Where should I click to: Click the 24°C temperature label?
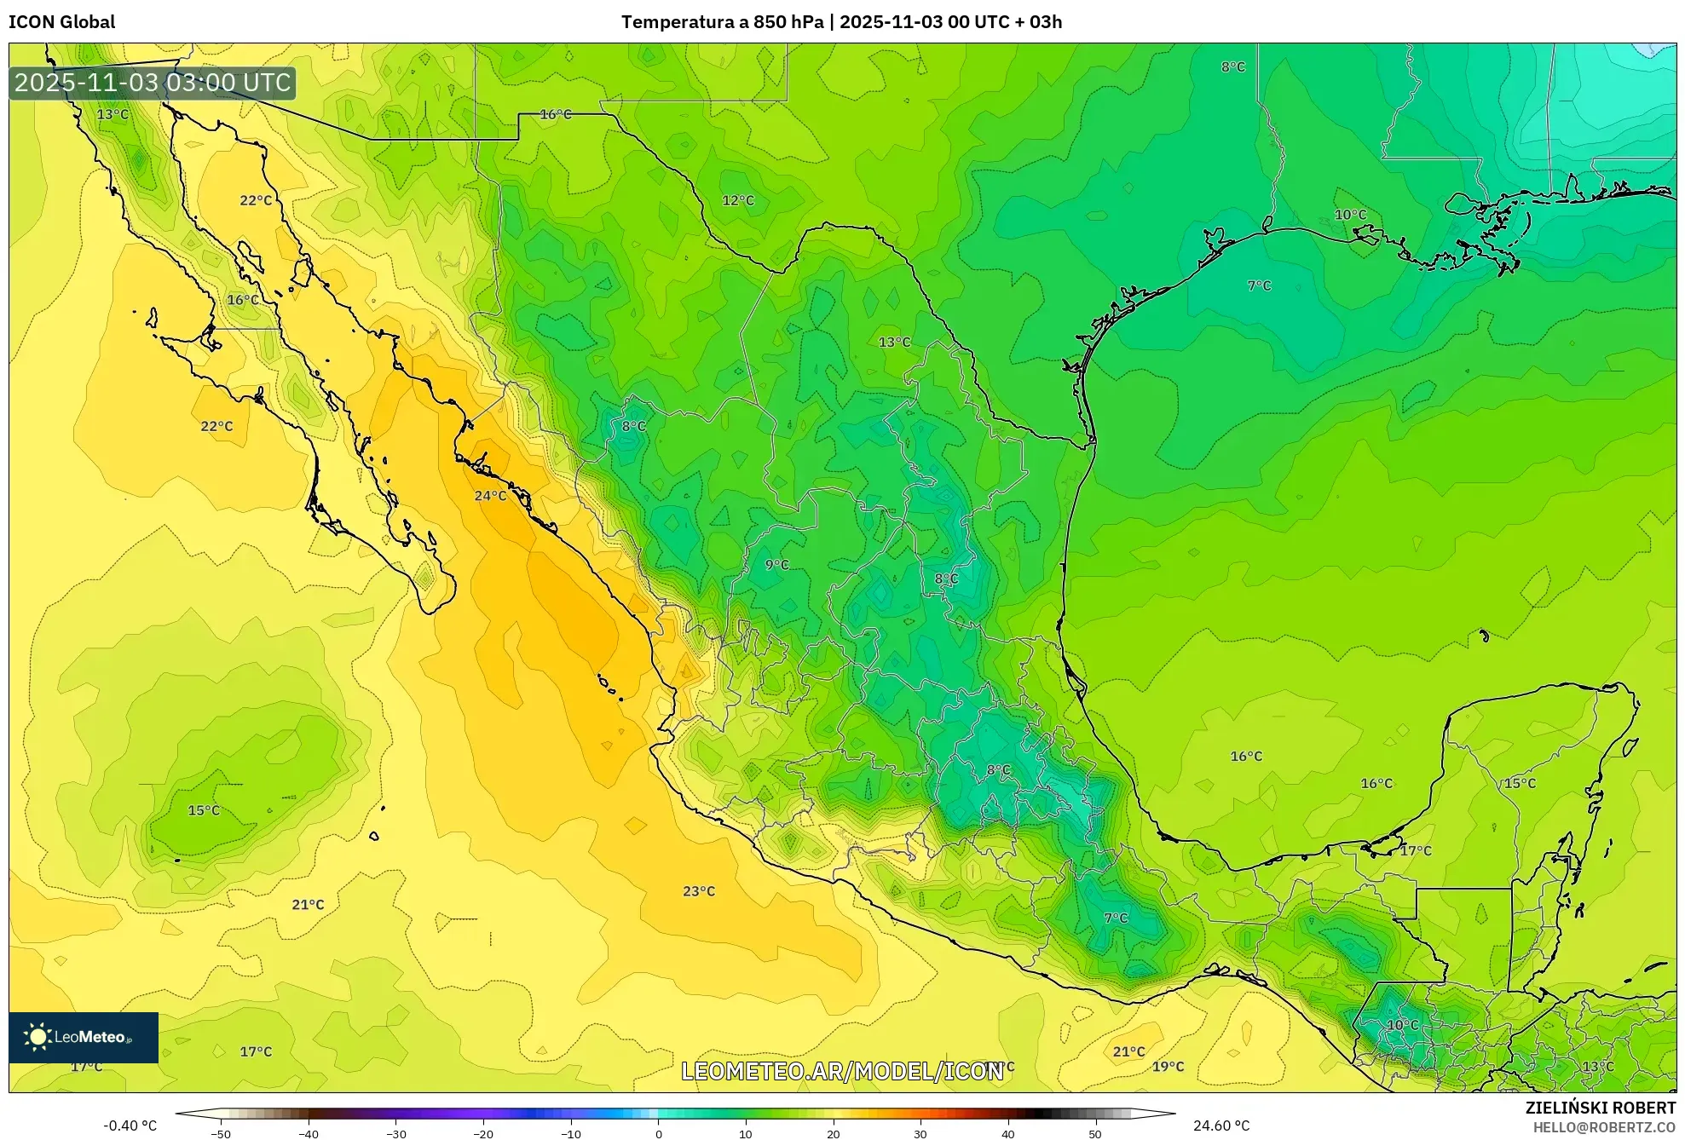pyautogui.click(x=490, y=496)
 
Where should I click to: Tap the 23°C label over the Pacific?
pyautogui.click(x=699, y=891)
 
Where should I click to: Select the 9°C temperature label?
pyautogui.click(x=776, y=565)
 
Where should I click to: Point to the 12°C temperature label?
pyautogui.click(x=738, y=200)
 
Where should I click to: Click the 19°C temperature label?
pyautogui.click(x=1168, y=1067)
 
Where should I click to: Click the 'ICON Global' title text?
pyautogui.click(x=61, y=22)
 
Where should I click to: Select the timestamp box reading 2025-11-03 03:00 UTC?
pyautogui.click(x=153, y=83)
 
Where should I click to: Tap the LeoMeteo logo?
pyautogui.click(x=84, y=1037)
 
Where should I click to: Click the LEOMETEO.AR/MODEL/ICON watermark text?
pyautogui.click(x=842, y=1071)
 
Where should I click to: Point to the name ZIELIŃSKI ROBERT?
pyautogui.click(x=1600, y=1108)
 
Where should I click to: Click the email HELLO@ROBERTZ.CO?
pyautogui.click(x=1604, y=1127)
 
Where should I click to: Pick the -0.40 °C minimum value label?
pyautogui.click(x=130, y=1126)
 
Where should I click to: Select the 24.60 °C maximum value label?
pyautogui.click(x=1221, y=1126)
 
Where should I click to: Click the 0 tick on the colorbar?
pyautogui.click(x=658, y=1134)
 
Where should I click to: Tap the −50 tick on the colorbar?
pyautogui.click(x=221, y=1134)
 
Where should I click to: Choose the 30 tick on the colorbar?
pyautogui.click(x=920, y=1134)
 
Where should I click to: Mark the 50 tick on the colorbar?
pyautogui.click(x=1095, y=1134)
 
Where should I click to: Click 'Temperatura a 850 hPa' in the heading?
pyautogui.click(x=722, y=22)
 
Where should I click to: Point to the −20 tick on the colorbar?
pyautogui.click(x=483, y=1134)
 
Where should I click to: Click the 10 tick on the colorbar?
pyautogui.click(x=746, y=1134)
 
